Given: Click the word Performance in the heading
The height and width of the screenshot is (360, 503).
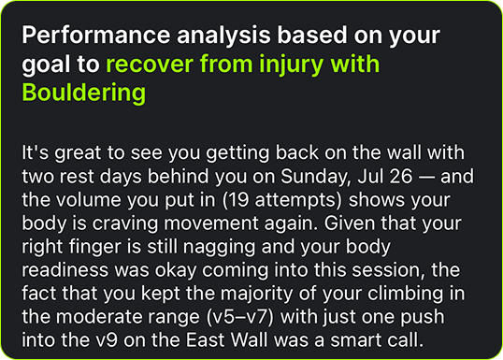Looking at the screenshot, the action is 96,35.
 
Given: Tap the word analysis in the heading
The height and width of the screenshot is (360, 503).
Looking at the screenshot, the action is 223,36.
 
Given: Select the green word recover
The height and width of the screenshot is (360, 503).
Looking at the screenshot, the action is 150,64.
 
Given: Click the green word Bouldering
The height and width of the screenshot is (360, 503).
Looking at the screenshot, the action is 84,94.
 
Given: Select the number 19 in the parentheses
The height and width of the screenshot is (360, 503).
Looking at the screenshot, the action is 238,199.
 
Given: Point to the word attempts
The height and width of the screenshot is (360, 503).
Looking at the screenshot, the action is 296,201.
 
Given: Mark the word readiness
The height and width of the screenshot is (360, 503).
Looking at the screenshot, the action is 65,270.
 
